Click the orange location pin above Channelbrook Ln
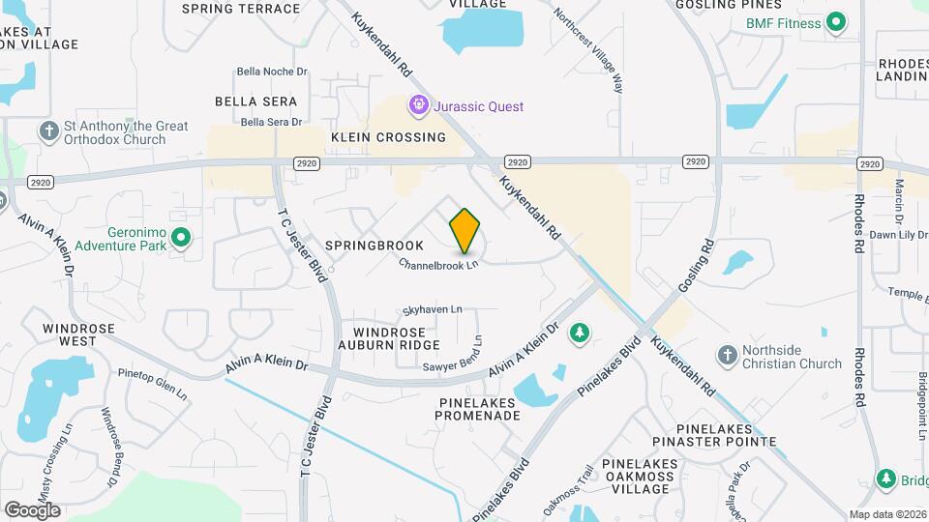[x=465, y=232]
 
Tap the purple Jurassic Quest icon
[x=418, y=105]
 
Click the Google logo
[x=32, y=509]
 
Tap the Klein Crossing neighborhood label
[x=388, y=137]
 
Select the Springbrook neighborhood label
[x=375, y=246]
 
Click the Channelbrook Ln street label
[x=439, y=263]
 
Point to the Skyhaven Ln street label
[x=433, y=309]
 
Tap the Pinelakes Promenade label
[x=477, y=408]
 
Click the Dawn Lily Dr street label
[x=897, y=235]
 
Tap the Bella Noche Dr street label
[x=272, y=72]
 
